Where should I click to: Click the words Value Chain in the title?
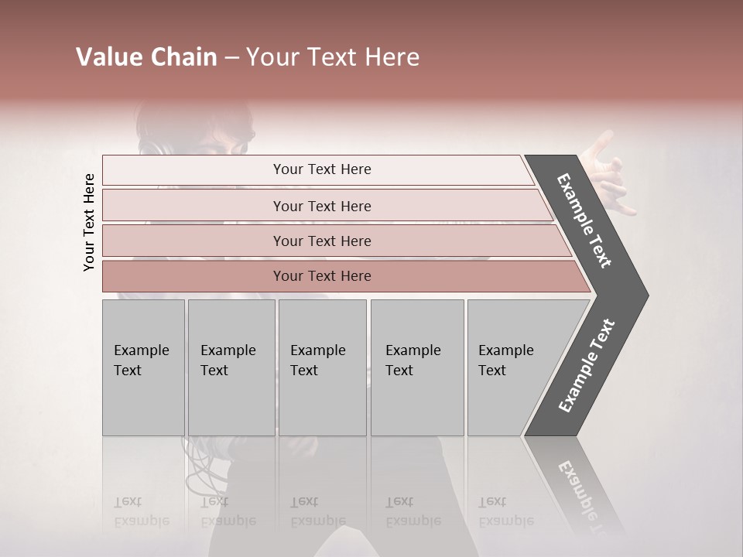(146, 57)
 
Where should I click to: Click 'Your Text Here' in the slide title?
(333, 57)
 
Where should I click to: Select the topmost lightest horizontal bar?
(322, 169)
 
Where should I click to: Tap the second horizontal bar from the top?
(322, 206)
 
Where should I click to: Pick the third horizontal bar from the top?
(322, 241)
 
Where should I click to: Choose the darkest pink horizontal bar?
(322, 276)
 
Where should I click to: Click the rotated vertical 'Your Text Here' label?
(89, 222)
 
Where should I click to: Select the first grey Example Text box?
(143, 367)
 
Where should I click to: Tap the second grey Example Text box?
(231, 367)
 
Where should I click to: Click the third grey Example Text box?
(322, 367)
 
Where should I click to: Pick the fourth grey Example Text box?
(417, 367)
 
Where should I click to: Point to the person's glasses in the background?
(237, 143)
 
